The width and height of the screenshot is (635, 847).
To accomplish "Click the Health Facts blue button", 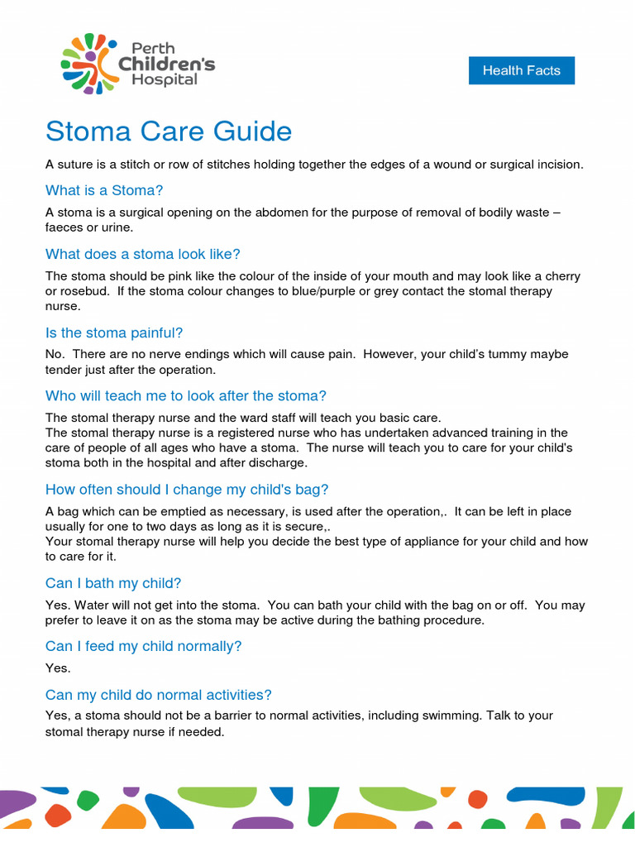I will (x=521, y=70).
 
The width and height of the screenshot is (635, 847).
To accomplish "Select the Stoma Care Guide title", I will (x=169, y=132).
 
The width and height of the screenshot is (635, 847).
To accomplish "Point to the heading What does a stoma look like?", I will (x=143, y=254).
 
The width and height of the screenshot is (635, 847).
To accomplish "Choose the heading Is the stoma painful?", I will (x=114, y=333).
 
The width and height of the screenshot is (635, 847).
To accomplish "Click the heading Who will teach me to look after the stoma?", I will (x=186, y=396).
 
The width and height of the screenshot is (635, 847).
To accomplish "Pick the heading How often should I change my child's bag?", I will (x=187, y=490).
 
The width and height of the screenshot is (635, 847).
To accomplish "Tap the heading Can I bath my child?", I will (x=113, y=584).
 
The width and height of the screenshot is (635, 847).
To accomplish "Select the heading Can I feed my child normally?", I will (x=144, y=647).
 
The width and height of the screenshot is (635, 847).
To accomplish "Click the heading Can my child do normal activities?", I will (x=159, y=696).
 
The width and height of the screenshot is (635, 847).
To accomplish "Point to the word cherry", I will (x=560, y=276).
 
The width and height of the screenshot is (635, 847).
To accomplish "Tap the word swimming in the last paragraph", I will (x=451, y=715).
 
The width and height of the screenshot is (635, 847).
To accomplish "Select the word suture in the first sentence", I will (x=76, y=165).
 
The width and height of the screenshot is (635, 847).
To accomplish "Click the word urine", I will (x=115, y=227).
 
